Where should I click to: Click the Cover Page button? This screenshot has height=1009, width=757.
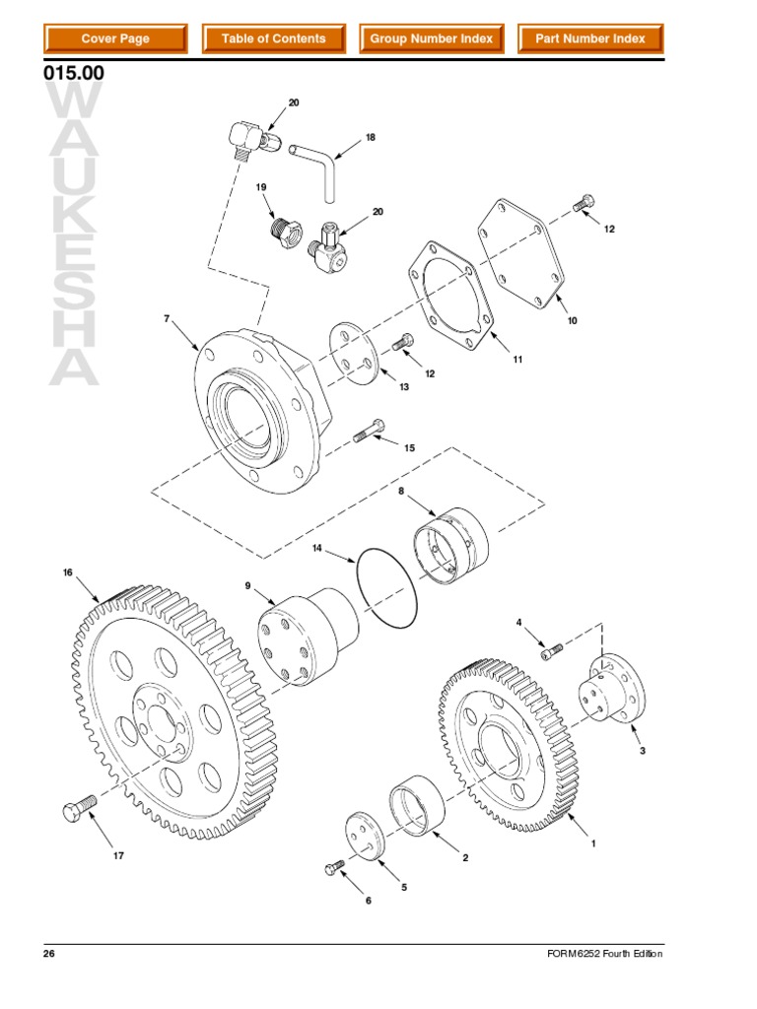point(115,39)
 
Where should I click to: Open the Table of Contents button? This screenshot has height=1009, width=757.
point(273,39)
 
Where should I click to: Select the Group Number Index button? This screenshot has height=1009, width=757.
point(431,39)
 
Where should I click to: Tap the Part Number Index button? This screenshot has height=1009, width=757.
point(589,39)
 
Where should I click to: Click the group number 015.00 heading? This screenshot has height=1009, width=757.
point(74,75)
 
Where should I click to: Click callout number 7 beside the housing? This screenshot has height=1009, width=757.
point(167,318)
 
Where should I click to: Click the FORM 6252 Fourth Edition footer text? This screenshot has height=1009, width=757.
point(604,955)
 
